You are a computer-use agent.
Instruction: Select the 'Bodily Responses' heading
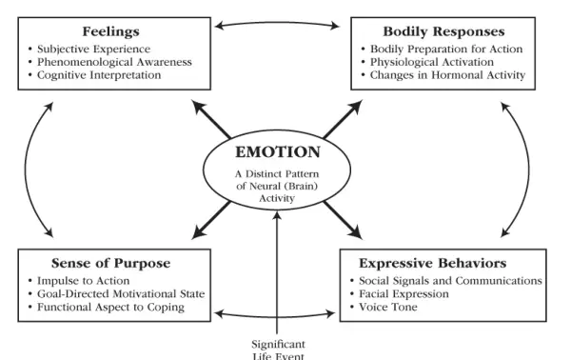[443, 30]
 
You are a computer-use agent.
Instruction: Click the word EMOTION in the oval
[278, 150]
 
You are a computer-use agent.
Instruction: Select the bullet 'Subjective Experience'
[96, 48]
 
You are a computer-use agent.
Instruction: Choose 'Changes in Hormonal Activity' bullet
[443, 74]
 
